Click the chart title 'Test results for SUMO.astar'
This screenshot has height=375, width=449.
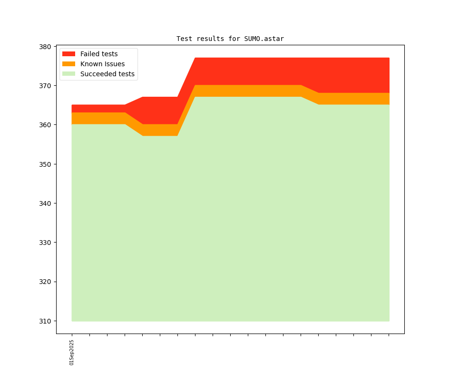pyautogui.click(x=230, y=39)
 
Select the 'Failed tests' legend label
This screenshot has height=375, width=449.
pyautogui.click(x=99, y=54)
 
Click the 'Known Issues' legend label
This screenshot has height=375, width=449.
pyautogui.click(x=102, y=64)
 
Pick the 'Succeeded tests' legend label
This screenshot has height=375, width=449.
pyautogui.click(x=107, y=74)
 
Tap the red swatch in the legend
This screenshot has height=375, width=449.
pyautogui.click(x=68, y=54)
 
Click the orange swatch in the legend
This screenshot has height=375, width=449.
pyautogui.click(x=68, y=64)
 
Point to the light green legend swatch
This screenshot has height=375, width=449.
pyautogui.click(x=68, y=74)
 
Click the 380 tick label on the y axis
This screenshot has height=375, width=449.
pyautogui.click(x=46, y=47)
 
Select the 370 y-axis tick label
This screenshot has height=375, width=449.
pyautogui.click(x=46, y=86)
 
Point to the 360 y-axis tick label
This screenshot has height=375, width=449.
pyautogui.click(x=46, y=125)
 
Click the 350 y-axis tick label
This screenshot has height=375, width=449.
pyautogui.click(x=46, y=164)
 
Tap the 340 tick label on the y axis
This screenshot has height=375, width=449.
pyautogui.click(x=46, y=203)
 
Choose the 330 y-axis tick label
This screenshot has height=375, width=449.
pyautogui.click(x=46, y=243)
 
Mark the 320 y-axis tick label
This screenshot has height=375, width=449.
pyautogui.click(x=46, y=282)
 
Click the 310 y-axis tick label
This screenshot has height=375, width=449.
pyautogui.click(x=46, y=321)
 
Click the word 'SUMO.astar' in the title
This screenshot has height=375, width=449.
pyautogui.click(x=264, y=39)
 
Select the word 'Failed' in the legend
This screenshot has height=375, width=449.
pyautogui.click(x=90, y=54)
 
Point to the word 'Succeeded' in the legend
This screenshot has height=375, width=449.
pyautogui.click(x=98, y=74)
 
